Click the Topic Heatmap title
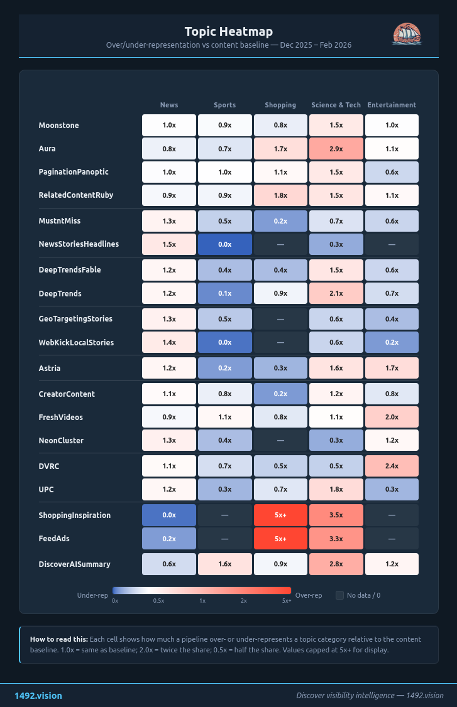click(x=228, y=31)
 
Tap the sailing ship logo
click(x=406, y=34)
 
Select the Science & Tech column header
click(x=336, y=105)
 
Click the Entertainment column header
click(x=392, y=105)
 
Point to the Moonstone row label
click(x=58, y=126)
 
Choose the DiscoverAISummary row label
click(x=74, y=564)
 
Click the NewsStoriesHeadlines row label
click(x=79, y=244)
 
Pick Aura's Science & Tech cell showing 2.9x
click(x=336, y=149)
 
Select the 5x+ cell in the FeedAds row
click(x=280, y=538)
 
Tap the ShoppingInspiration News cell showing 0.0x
click(x=168, y=515)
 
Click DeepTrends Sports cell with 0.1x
click(x=224, y=293)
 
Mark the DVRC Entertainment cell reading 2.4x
click(x=392, y=466)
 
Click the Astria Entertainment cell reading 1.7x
click(x=392, y=368)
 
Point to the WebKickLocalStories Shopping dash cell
click(x=280, y=342)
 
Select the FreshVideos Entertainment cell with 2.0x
click(x=392, y=417)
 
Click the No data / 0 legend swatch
click(x=339, y=595)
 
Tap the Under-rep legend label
click(x=92, y=595)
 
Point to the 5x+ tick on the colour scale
click(x=287, y=601)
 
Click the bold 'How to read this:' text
click(x=59, y=639)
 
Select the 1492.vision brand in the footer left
click(x=38, y=696)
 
